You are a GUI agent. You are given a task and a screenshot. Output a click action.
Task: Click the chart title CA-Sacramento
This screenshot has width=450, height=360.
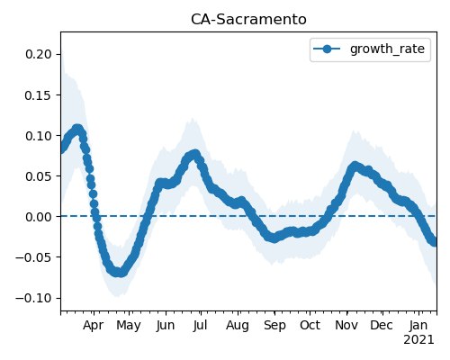(248, 20)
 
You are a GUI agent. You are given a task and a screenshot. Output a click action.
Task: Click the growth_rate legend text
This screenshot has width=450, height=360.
(387, 49)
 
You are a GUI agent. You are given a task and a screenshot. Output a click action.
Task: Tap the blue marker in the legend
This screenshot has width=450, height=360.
(327, 49)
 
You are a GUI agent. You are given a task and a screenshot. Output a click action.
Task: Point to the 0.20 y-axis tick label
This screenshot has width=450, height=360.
(39, 54)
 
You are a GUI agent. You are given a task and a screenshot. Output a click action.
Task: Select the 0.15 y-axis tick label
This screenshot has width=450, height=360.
(39, 95)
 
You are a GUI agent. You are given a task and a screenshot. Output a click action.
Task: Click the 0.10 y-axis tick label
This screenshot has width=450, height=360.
(39, 136)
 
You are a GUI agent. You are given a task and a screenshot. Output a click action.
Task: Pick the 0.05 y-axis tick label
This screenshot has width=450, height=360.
(39, 176)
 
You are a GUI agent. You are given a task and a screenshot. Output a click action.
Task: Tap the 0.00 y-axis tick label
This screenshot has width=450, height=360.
(39, 217)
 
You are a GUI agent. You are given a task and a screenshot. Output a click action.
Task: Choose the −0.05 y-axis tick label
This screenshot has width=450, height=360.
(34, 257)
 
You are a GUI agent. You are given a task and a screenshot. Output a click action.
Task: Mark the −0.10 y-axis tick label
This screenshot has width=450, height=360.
(34, 298)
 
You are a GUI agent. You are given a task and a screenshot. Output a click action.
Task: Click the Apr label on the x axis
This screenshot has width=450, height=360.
(94, 326)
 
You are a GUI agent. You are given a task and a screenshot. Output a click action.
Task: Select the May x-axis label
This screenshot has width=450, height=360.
(129, 326)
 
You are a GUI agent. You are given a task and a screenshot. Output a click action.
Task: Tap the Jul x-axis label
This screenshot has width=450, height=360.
(200, 325)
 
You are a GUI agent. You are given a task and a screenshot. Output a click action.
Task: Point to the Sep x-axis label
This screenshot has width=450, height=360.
(274, 326)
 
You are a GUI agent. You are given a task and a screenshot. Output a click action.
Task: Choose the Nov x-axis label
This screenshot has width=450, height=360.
(346, 325)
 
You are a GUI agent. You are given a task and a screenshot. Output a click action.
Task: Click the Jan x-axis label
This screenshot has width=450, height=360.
(418, 325)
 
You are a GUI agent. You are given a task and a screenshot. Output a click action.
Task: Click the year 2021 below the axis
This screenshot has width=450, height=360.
(418, 340)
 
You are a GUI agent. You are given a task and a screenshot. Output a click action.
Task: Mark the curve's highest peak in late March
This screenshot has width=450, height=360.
(77, 130)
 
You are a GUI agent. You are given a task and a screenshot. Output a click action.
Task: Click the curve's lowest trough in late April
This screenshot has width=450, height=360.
(119, 273)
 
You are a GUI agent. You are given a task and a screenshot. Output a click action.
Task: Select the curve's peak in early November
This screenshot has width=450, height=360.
(355, 166)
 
